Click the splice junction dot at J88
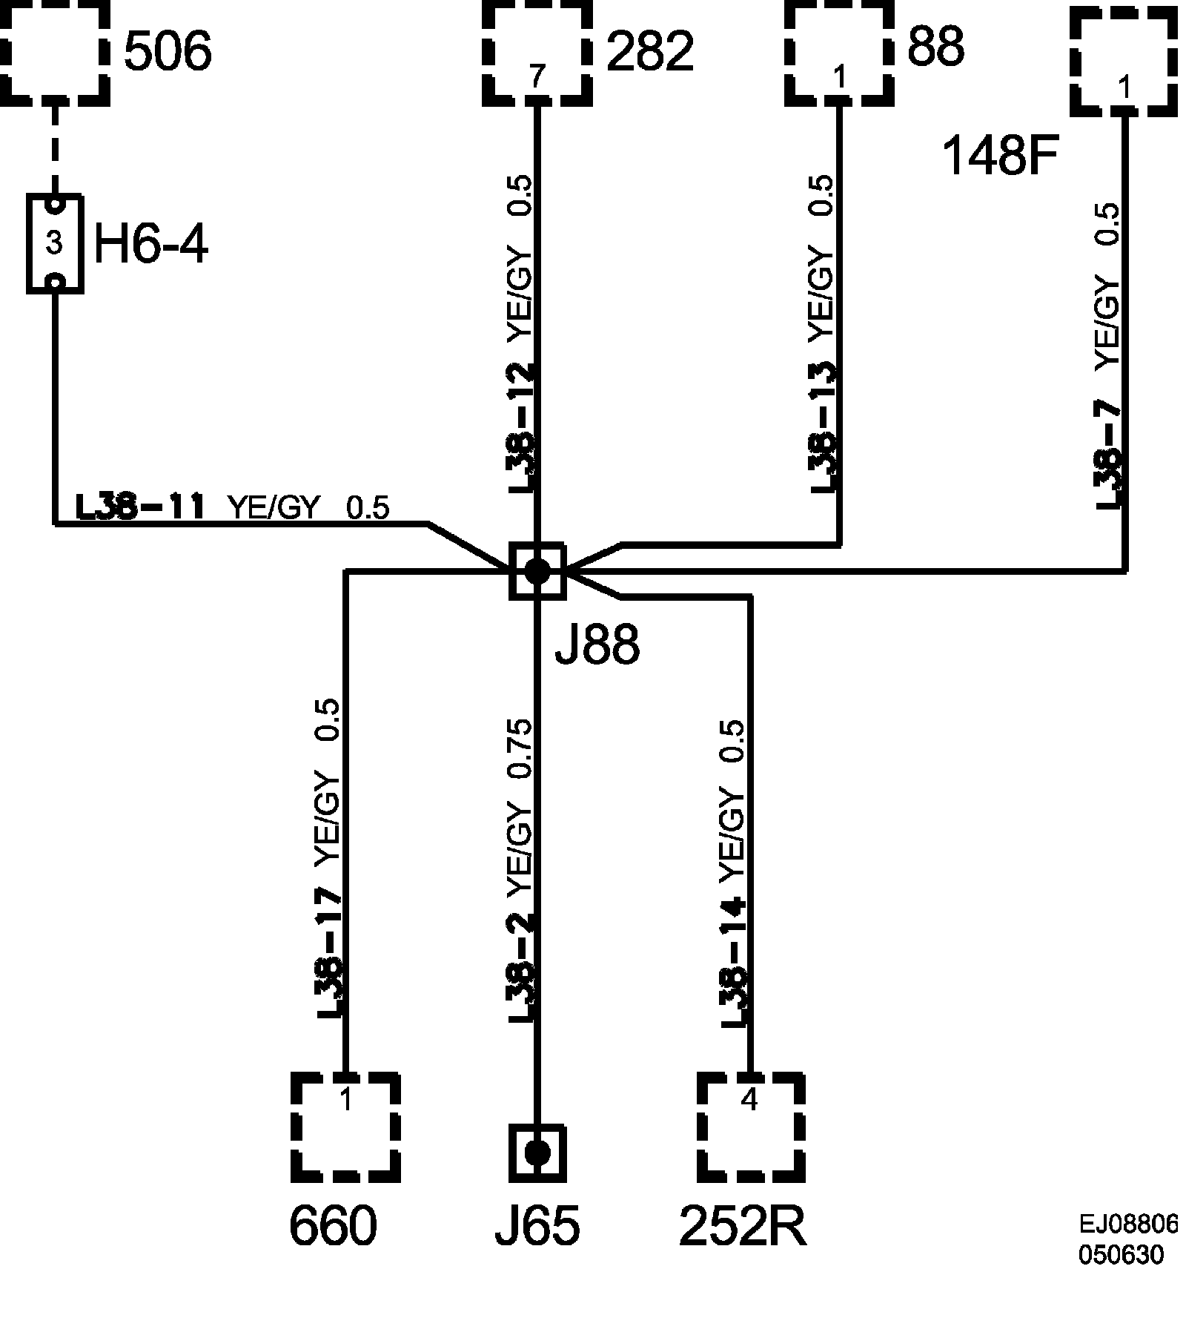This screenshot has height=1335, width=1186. click(x=537, y=570)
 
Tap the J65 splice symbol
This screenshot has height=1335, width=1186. click(x=537, y=1153)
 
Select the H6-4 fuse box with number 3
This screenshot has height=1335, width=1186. click(x=54, y=243)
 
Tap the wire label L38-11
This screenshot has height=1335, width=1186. click(x=140, y=508)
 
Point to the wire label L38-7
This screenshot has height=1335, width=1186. click(x=1108, y=456)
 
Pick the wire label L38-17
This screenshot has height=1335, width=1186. click(x=329, y=953)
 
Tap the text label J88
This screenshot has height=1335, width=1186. click(x=597, y=645)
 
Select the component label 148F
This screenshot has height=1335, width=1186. click(x=998, y=157)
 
